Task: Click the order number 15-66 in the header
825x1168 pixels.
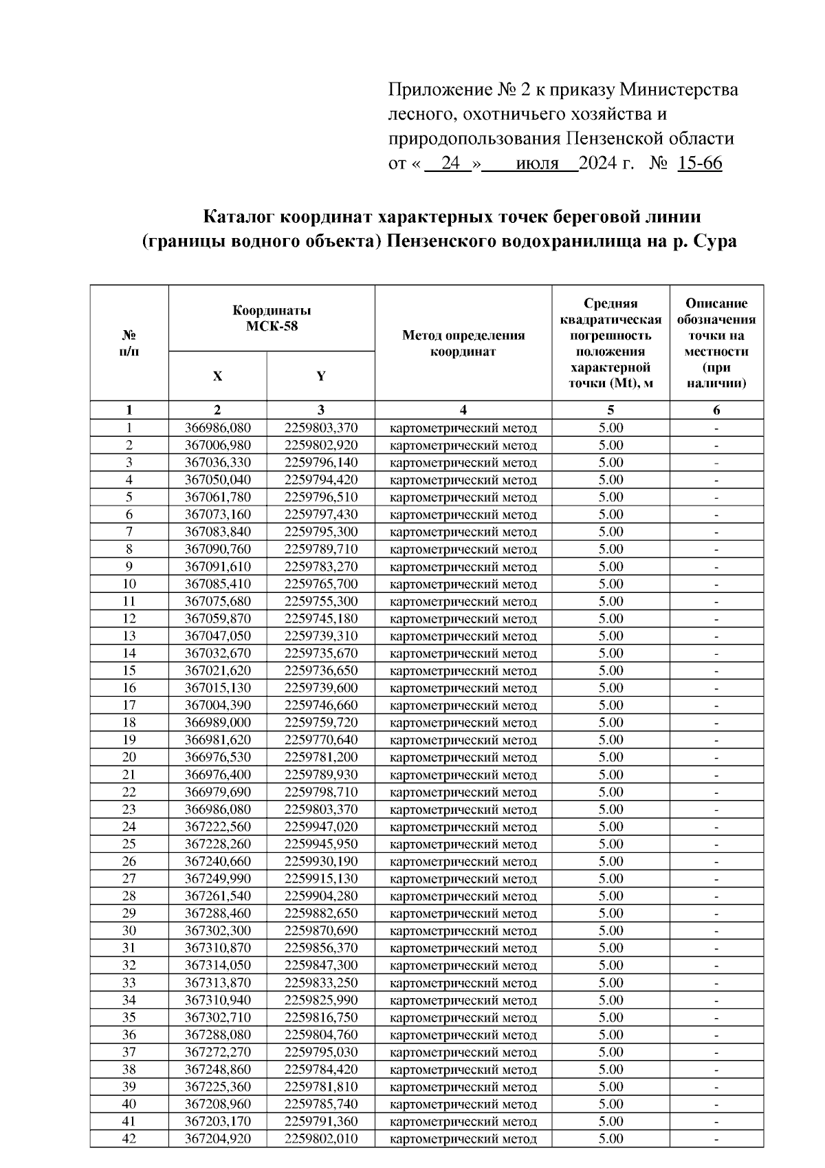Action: pyautogui.click(x=699, y=164)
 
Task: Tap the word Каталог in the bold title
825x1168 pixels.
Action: pyautogui.click(x=240, y=217)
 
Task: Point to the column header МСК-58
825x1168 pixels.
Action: pyautogui.click(x=272, y=326)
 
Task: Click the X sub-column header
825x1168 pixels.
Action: pyautogui.click(x=217, y=376)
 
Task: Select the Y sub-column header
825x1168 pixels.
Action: pyautogui.click(x=320, y=376)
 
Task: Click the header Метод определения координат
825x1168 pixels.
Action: pyautogui.click(x=463, y=343)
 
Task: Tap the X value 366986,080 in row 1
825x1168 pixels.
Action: pyautogui.click(x=218, y=428)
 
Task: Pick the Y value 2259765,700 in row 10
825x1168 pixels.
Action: pyautogui.click(x=321, y=584)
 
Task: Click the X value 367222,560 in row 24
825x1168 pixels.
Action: pyautogui.click(x=218, y=827)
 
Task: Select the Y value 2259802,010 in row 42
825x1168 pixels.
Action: pyautogui.click(x=321, y=1138)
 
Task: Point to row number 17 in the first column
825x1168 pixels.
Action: pyautogui.click(x=129, y=705)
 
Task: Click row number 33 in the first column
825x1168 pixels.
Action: pyautogui.click(x=129, y=982)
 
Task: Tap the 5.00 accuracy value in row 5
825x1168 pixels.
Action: pyautogui.click(x=610, y=497)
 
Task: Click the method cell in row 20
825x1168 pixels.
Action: pyautogui.click(x=463, y=757)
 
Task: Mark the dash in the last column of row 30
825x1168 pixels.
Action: pyautogui.click(x=716, y=931)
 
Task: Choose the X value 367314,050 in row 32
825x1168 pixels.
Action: pyautogui.click(x=218, y=965)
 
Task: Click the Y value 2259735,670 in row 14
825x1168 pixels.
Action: pyautogui.click(x=321, y=653)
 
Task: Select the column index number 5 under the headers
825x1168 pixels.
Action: pyautogui.click(x=610, y=410)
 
